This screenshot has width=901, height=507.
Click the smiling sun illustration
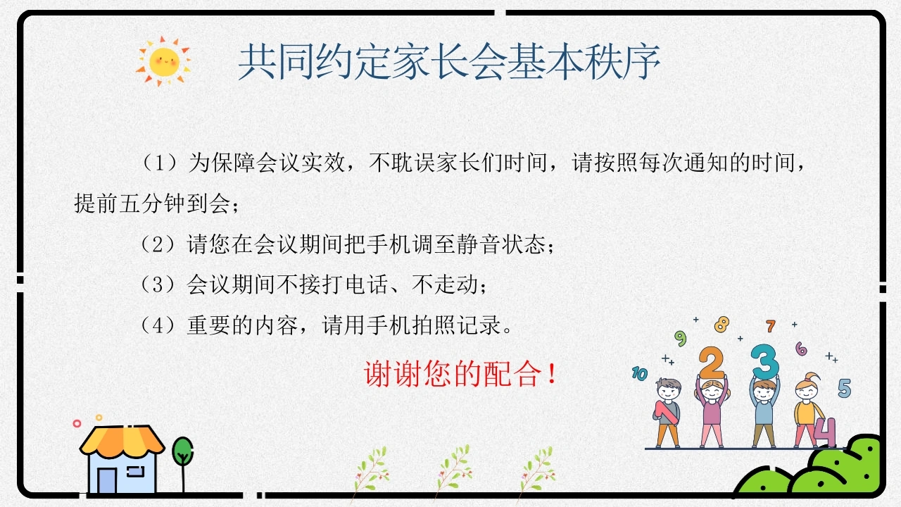tap(163, 61)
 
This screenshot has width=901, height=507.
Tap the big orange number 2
tap(712, 362)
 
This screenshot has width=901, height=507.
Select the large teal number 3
tap(764, 361)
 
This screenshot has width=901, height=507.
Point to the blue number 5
tap(845, 388)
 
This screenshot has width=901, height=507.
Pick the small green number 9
tap(680, 339)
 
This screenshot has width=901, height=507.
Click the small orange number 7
tap(770, 326)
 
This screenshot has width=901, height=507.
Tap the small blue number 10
tap(640, 374)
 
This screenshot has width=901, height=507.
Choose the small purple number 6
tap(801, 349)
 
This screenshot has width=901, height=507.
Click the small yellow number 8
tap(722, 325)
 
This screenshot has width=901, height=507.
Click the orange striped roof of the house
tap(122, 440)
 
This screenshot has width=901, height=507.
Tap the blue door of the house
tap(107, 480)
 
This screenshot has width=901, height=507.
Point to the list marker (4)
tap(158, 325)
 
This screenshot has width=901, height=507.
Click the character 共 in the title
tap(257, 62)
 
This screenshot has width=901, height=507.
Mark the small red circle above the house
tap(77, 423)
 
